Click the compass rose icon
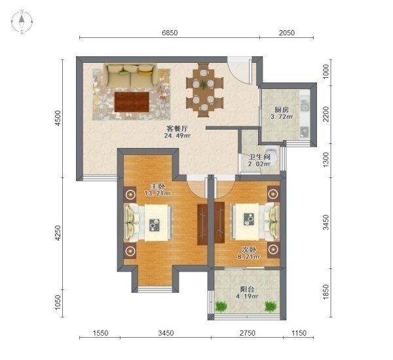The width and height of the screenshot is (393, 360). click(22, 22)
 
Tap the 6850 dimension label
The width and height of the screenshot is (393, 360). click(170, 33)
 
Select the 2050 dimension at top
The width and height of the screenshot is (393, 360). click(287, 33)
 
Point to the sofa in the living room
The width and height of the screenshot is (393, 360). click(130, 75)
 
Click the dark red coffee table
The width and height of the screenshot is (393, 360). click(132, 102)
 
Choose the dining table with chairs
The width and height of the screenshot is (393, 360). click(204, 90)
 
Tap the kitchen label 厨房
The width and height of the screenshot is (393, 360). click(282, 110)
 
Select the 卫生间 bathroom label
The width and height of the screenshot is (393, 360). click(259, 157)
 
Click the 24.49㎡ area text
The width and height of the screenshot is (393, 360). click(178, 135)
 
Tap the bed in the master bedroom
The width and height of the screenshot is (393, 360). click(149, 223)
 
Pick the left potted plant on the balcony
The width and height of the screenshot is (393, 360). click(221, 306)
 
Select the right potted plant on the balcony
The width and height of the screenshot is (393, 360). click(271, 306)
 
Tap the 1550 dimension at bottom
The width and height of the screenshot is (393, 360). click(100, 333)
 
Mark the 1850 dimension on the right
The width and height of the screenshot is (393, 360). click(326, 292)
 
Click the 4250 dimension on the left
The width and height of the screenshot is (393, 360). click(58, 233)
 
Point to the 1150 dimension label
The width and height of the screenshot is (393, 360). click(299, 333)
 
